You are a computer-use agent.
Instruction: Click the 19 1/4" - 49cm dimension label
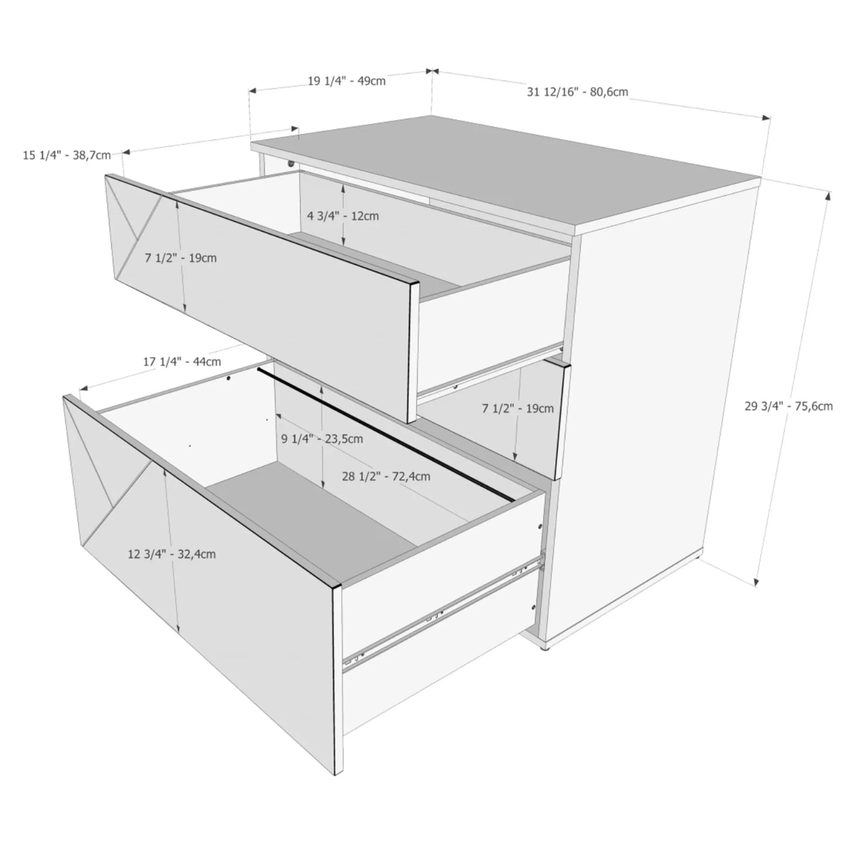(347, 81)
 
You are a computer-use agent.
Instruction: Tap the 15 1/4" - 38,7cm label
(67, 155)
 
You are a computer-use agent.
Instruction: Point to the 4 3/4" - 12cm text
(343, 216)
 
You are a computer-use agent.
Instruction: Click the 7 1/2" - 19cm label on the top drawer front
(181, 258)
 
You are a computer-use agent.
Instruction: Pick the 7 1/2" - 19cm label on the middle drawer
(518, 409)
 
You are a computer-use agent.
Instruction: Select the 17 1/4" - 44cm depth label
(182, 362)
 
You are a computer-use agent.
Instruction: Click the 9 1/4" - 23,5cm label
(322, 439)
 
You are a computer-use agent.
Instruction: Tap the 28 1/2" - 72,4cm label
(387, 476)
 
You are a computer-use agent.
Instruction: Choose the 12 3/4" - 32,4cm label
(172, 554)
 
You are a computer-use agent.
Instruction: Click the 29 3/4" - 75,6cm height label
(789, 406)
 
